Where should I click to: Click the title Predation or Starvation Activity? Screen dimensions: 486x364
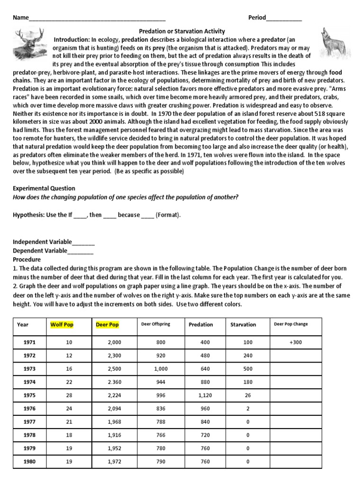click(x=182, y=31)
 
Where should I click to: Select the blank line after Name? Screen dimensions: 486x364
click(x=97, y=19)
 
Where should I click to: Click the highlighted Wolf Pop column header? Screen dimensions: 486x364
click(x=62, y=325)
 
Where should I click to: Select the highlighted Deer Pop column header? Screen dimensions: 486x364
click(x=107, y=325)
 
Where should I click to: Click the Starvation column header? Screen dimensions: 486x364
click(x=243, y=325)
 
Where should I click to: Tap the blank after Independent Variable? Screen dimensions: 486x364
click(x=83, y=242)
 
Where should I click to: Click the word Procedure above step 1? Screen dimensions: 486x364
click(x=27, y=260)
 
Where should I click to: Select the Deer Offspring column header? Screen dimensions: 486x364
click(x=155, y=324)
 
